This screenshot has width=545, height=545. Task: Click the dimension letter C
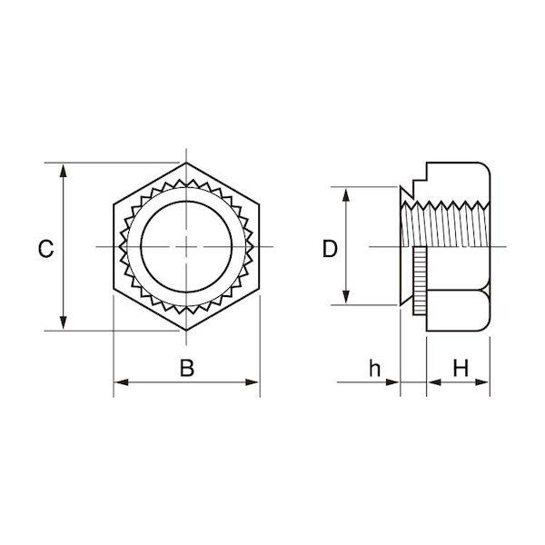[46, 249]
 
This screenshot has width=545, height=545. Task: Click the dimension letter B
[187, 368]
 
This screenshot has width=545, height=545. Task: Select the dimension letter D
[330, 249]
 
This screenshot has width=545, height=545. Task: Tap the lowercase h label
[374, 368]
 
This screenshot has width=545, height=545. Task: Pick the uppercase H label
[461, 368]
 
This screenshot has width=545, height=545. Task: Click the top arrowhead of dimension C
[63, 171]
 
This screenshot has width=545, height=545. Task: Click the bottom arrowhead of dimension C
[63, 322]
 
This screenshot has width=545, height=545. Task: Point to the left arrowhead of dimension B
[122, 382]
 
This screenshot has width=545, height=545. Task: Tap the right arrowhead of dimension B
[252, 382]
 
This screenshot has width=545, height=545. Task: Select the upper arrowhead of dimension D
[345, 194]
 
